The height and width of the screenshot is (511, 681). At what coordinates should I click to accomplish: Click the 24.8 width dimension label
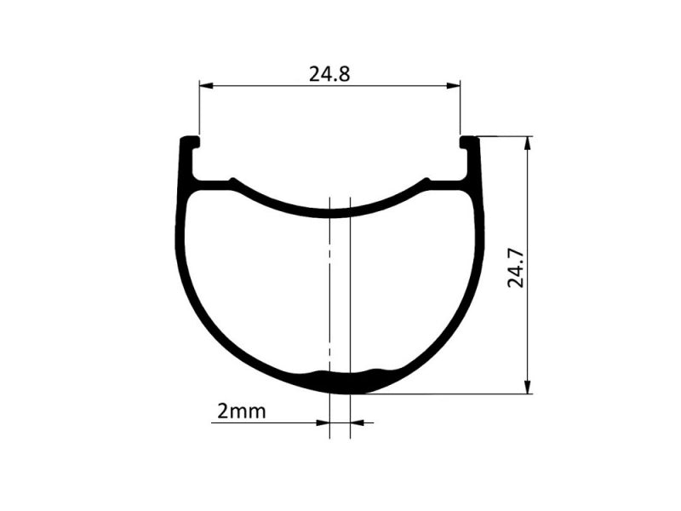[329, 74]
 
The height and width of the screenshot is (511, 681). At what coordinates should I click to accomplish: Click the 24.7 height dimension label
[516, 268]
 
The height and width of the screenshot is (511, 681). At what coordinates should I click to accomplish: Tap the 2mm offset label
[242, 411]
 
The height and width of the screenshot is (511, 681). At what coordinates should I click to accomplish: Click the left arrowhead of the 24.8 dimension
[206, 86]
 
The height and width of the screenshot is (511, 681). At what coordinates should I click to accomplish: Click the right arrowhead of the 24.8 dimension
[454, 86]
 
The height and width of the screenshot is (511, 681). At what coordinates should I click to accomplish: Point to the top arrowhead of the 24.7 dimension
[528, 143]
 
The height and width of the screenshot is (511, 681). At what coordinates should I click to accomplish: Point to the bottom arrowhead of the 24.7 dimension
[528, 388]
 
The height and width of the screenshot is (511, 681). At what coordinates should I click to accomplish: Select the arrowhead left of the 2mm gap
[323, 422]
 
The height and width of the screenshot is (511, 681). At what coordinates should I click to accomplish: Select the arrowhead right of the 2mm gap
[357, 422]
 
